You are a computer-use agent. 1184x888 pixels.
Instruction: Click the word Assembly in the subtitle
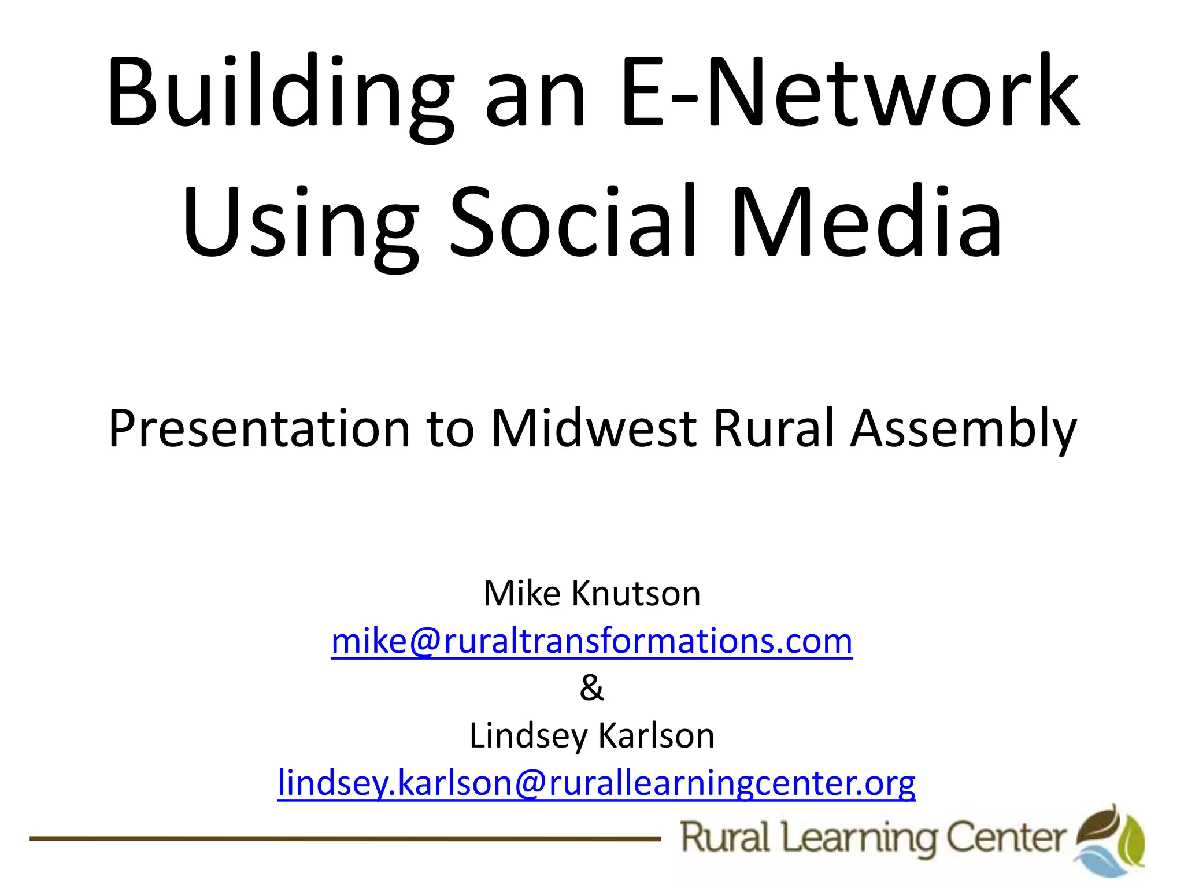point(963,429)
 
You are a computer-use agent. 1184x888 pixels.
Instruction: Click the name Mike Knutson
point(592,594)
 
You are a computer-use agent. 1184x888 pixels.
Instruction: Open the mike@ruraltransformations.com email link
point(592,642)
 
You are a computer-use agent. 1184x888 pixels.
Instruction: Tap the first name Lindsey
point(527,736)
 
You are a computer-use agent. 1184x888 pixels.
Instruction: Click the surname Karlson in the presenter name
point(656,736)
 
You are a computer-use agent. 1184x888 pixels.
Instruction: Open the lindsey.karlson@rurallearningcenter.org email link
point(596,783)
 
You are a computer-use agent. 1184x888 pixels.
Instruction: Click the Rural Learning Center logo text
point(873,838)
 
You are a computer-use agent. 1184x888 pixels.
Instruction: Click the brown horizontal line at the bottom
point(345,838)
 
